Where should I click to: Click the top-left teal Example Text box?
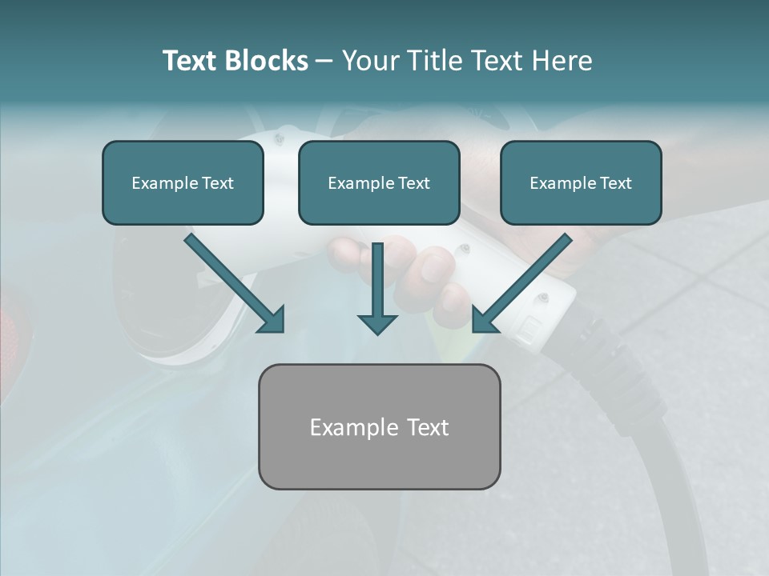[183, 183]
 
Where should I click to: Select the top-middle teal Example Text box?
[379, 183]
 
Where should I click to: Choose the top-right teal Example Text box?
[581, 183]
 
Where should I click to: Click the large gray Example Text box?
[380, 427]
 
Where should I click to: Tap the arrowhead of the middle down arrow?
[377, 323]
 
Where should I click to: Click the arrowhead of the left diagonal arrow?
[272, 319]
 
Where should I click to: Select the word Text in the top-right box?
[615, 183]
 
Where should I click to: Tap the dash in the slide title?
[324, 61]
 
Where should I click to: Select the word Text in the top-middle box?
[413, 183]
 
